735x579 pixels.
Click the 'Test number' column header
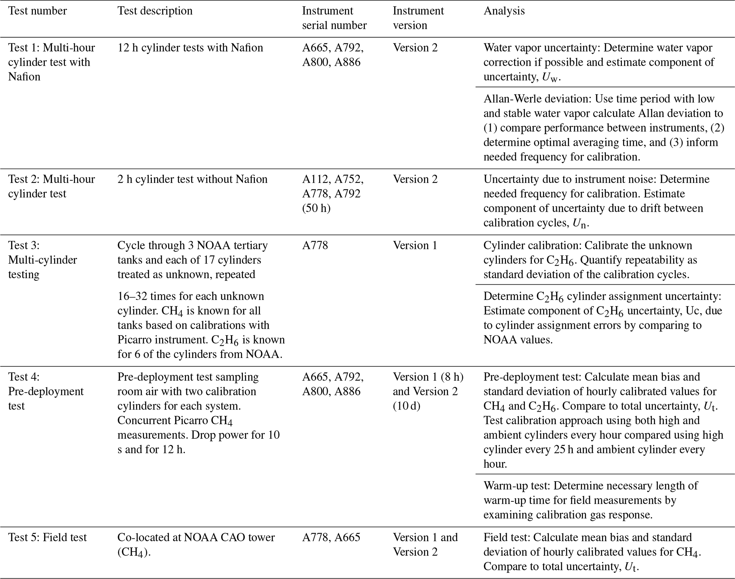tap(37, 11)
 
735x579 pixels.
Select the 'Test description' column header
tap(155, 11)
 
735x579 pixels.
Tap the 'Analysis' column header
tap(504, 11)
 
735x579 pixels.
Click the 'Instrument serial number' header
tap(334, 18)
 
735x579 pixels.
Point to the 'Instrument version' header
tap(418, 18)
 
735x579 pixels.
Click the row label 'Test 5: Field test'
tap(47, 537)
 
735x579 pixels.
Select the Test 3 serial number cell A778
tap(315, 246)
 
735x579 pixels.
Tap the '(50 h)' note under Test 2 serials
tap(316, 208)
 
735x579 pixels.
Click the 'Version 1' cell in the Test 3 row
tap(415, 246)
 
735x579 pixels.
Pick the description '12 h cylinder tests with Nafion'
tap(190, 48)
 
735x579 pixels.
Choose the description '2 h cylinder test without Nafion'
tap(192, 179)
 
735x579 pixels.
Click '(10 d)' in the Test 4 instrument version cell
tap(406, 406)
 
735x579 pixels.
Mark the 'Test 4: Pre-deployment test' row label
tap(46, 391)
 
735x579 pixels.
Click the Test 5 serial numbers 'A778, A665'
tap(331, 537)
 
